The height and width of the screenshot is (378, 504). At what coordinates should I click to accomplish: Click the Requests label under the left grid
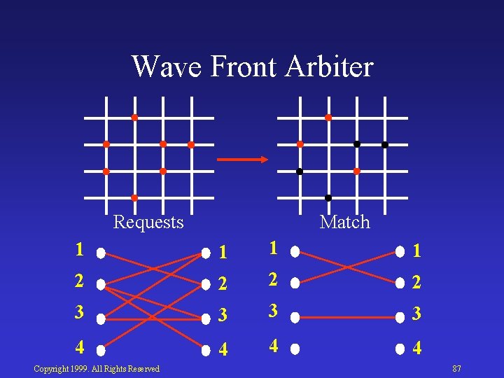[148, 223]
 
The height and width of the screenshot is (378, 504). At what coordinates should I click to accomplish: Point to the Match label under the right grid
[344, 223]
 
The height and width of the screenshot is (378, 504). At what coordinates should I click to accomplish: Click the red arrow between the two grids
[242, 160]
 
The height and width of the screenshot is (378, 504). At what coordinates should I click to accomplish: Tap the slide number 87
[456, 369]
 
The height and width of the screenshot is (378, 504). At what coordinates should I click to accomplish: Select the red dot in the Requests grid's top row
[134, 118]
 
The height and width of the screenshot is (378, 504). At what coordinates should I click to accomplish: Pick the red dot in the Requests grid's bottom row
[134, 198]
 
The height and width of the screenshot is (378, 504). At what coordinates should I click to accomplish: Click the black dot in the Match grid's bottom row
[328, 198]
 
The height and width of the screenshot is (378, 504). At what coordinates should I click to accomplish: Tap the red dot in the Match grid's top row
[328, 118]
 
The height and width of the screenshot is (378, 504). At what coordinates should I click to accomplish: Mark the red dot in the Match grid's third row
[356, 171]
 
